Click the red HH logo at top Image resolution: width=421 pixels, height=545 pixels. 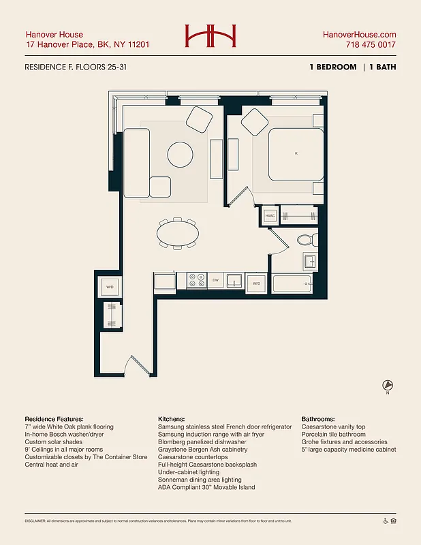pyautogui.click(x=210, y=36)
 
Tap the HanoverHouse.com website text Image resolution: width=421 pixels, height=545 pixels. pyautogui.click(x=358, y=35)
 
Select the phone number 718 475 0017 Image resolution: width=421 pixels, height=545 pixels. pyautogui.click(x=371, y=45)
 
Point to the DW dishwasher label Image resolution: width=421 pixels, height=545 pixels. pyautogui.click(x=215, y=281)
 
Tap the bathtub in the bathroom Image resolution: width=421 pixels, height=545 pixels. pyautogui.click(x=292, y=283)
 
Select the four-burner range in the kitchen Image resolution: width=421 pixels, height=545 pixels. pyautogui.click(x=197, y=281)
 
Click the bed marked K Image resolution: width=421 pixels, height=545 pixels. pyautogui.click(x=296, y=155)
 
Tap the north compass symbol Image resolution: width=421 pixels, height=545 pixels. pyautogui.click(x=388, y=386)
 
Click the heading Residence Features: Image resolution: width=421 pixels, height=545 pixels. pyautogui.click(x=54, y=419)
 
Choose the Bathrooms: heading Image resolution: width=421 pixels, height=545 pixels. pyautogui.click(x=324, y=419)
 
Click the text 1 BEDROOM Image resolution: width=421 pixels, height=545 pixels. pyautogui.click(x=332, y=67)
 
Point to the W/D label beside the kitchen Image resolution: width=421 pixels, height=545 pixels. pyautogui.click(x=256, y=283)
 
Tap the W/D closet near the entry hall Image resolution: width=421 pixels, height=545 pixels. pyautogui.click(x=110, y=287)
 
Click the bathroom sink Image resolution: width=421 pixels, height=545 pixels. pyautogui.click(x=309, y=261)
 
